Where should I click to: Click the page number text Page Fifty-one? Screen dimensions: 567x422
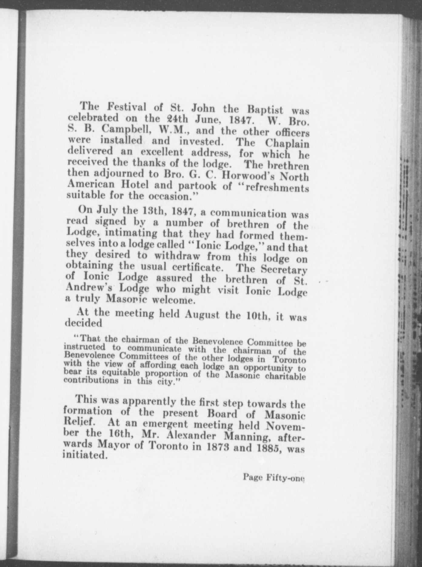(x=273, y=478)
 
